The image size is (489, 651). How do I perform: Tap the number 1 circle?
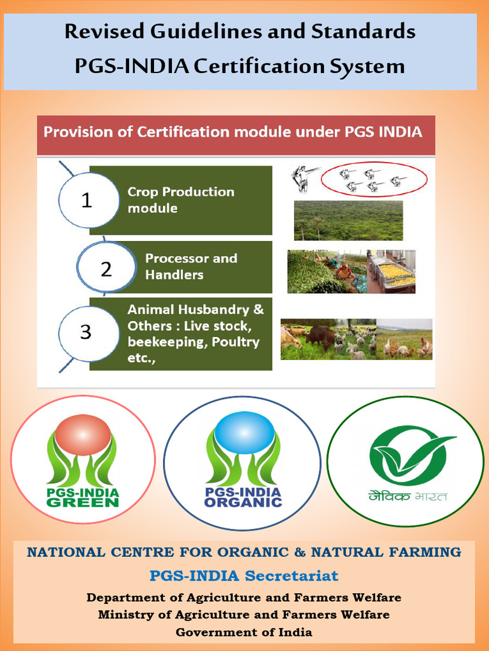(x=87, y=201)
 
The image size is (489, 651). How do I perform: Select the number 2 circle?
(x=106, y=269)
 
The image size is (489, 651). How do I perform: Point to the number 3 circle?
(x=85, y=332)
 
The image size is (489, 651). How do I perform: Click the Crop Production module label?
(x=181, y=200)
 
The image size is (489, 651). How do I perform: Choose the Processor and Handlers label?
(x=191, y=266)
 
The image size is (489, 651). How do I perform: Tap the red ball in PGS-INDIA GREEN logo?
(x=83, y=435)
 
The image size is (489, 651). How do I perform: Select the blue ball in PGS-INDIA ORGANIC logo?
(x=243, y=432)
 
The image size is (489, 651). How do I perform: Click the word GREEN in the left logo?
(x=83, y=502)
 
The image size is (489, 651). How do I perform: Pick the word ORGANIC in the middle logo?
(x=243, y=502)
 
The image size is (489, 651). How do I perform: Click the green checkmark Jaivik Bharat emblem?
(x=405, y=455)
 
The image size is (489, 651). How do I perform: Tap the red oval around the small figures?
(x=364, y=179)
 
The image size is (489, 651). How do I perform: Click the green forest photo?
(x=348, y=221)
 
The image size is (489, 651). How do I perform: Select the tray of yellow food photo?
(x=392, y=271)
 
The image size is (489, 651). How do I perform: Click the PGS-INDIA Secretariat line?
(x=244, y=576)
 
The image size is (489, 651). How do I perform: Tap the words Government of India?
(x=244, y=632)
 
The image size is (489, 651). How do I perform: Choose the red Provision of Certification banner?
(x=236, y=134)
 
